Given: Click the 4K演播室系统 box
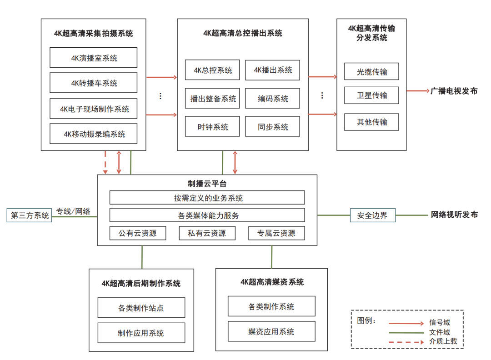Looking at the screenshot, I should pos(93,58).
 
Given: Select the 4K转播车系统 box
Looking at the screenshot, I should pos(93,83).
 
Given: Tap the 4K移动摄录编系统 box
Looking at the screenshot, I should pos(93,134).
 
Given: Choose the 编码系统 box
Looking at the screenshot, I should pos(273,99).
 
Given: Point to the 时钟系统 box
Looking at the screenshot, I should pos(212,127).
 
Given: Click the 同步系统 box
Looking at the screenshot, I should pos(273,127).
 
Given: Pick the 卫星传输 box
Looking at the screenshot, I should pos(371,95).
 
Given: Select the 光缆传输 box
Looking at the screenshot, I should pos(371,72).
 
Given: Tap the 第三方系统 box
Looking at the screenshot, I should pos(30,215).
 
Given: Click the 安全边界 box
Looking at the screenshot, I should pos(372,215).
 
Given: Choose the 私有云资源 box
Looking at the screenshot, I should pos(207,233).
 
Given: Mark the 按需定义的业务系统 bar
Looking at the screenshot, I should pos(207,198).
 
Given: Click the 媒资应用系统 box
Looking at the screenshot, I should pos(271,331).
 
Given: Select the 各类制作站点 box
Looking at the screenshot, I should pos(141,308).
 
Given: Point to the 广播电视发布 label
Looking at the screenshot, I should pos(454,91).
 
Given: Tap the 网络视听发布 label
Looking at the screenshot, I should pos(454,215).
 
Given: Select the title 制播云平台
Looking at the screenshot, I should pos(207,184).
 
